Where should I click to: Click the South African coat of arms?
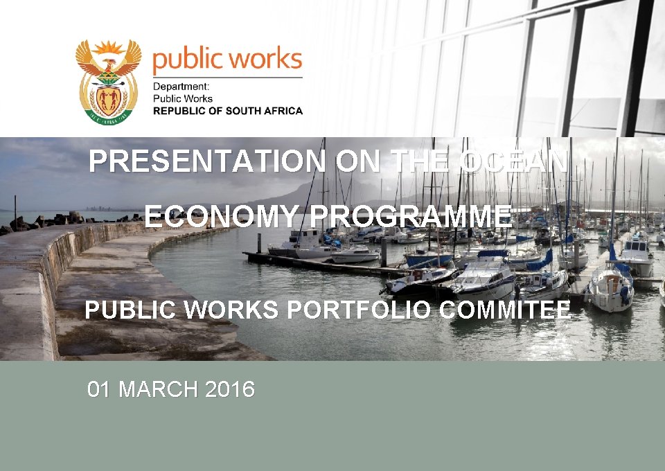coord(108,82)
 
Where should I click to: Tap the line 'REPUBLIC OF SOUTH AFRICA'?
coord(227,111)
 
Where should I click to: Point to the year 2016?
coord(230,390)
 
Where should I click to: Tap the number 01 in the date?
coord(99,390)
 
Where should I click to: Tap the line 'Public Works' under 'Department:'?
coord(183,99)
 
